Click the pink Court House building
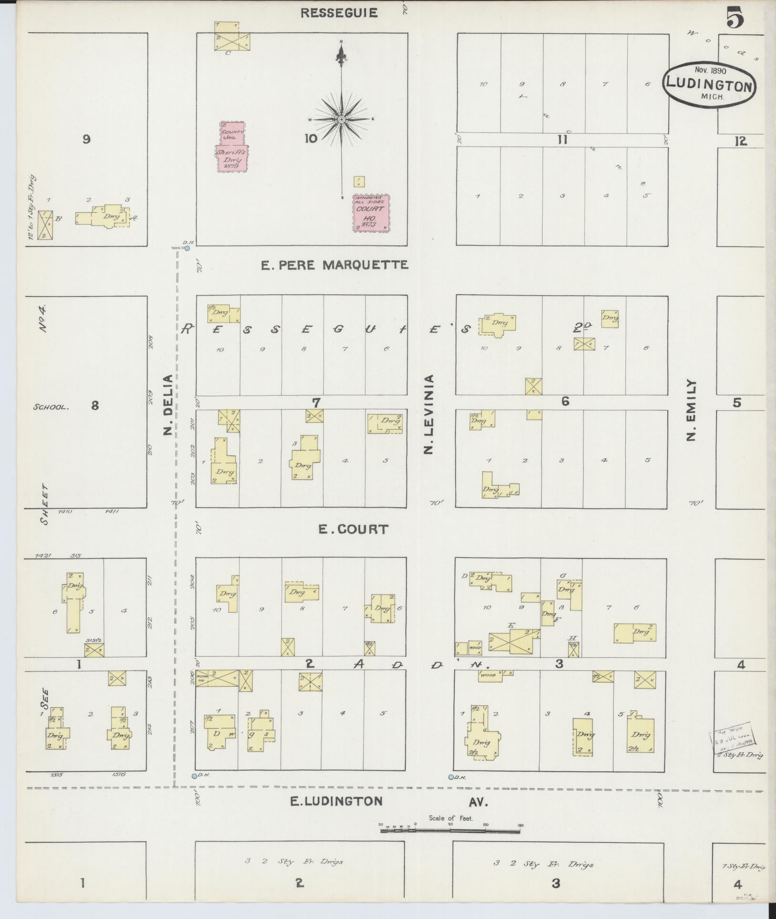[x=371, y=213]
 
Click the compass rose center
[x=341, y=119]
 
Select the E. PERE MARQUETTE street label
[x=334, y=265]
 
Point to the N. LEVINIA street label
[x=429, y=414]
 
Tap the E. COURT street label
[x=353, y=529]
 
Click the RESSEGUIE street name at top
[x=338, y=13]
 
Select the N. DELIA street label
[x=167, y=405]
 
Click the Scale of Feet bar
[x=450, y=831]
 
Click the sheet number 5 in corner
[x=735, y=19]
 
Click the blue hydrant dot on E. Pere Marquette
[x=187, y=248]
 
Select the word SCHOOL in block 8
[x=51, y=407]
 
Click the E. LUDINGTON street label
[x=337, y=801]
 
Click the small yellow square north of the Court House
[x=359, y=182]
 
